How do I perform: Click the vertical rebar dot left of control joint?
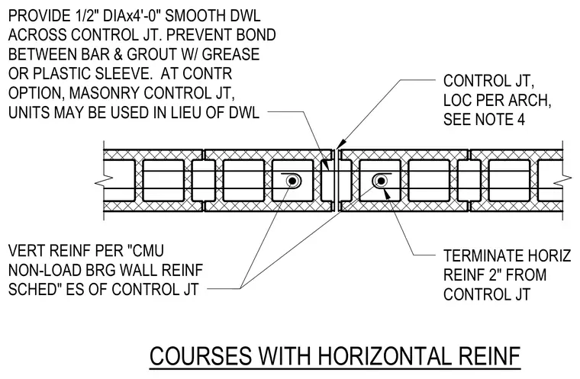pyautogui.click(x=293, y=181)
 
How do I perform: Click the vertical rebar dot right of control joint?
pyautogui.click(x=380, y=181)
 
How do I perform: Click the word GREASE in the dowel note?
pyautogui.click(x=230, y=54)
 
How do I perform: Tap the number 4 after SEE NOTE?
pyautogui.click(x=520, y=120)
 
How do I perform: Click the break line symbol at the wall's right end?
pyautogui.click(x=563, y=181)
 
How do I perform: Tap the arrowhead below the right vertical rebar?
pyautogui.click(x=387, y=193)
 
